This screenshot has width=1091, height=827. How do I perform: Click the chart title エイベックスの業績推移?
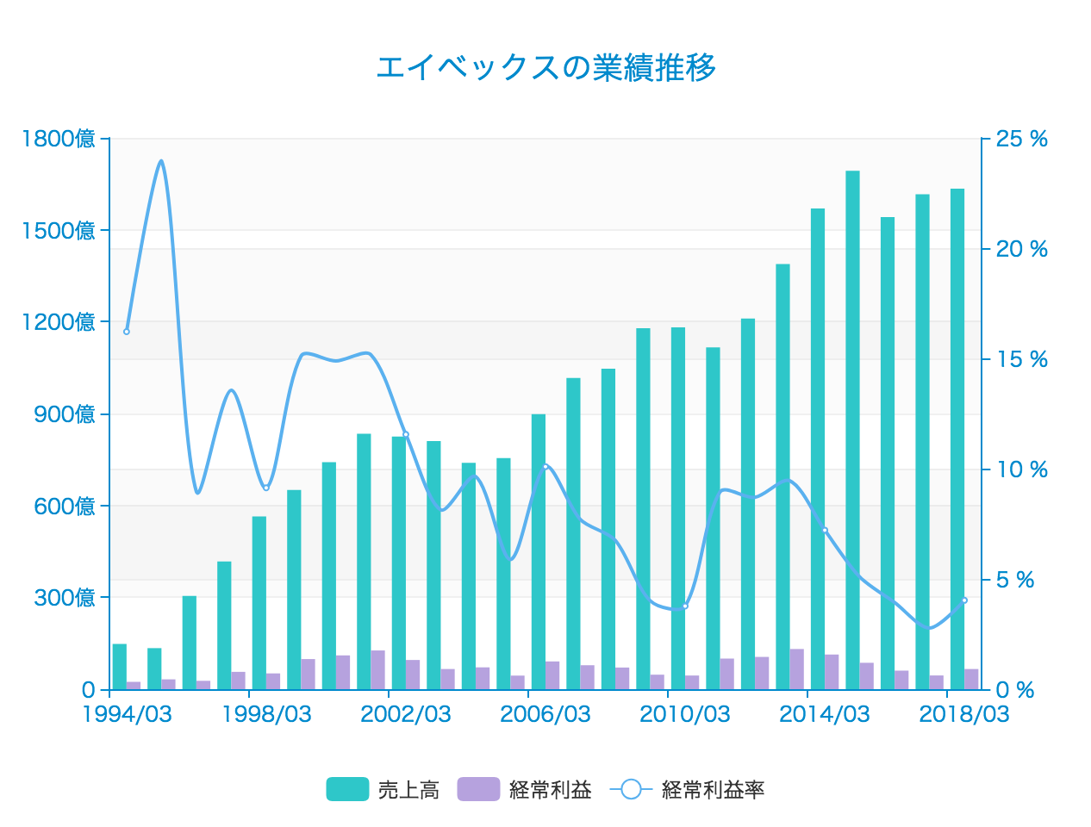coord(545,67)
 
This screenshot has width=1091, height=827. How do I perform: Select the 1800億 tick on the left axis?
coord(59,139)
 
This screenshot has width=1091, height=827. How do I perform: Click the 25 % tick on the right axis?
coord(1021,139)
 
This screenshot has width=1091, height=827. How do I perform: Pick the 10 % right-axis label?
coord(1021,469)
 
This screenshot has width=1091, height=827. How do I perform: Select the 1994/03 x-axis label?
coord(127,714)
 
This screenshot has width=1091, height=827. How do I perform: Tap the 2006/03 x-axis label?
coord(545,714)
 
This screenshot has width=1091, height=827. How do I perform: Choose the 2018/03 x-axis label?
coord(963,714)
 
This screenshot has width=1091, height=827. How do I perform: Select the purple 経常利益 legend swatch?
coord(477,789)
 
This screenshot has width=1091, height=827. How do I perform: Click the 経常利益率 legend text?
coord(713,789)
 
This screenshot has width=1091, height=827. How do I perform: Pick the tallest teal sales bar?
coord(852,431)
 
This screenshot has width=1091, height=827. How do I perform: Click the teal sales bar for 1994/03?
coord(120,667)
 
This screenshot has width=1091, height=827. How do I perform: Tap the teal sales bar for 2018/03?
coord(957,439)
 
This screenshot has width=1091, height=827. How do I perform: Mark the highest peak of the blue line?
coord(161,161)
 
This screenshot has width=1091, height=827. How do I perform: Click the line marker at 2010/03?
coord(685,606)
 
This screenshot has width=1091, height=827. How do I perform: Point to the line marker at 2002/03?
coord(406,434)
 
